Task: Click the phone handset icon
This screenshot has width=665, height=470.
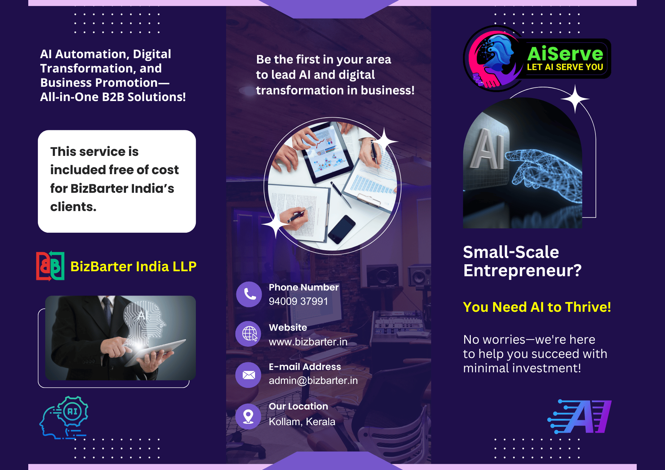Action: point(249,294)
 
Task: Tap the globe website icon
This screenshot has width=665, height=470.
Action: point(249,333)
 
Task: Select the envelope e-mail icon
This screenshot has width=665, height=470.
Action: point(248,375)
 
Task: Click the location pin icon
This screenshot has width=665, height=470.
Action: point(248,416)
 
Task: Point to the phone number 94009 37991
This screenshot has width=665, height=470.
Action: point(298,301)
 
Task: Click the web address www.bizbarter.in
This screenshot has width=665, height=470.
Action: point(308,342)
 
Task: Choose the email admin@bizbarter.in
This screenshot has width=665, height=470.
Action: point(313,381)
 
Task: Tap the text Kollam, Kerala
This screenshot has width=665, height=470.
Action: point(302,421)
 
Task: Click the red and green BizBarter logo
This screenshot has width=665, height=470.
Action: point(50,266)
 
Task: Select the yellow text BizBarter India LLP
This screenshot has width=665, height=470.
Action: point(133,267)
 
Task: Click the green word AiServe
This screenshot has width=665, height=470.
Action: point(565,54)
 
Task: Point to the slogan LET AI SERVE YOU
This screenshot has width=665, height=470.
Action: point(565,67)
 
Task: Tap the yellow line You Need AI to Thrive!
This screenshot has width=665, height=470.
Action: point(537,307)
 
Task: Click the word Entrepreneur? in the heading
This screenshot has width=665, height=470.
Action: point(522,271)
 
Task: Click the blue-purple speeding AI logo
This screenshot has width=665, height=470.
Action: point(580,416)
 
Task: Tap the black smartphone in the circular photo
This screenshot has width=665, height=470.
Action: point(341,229)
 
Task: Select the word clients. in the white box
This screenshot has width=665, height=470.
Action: point(73,207)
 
